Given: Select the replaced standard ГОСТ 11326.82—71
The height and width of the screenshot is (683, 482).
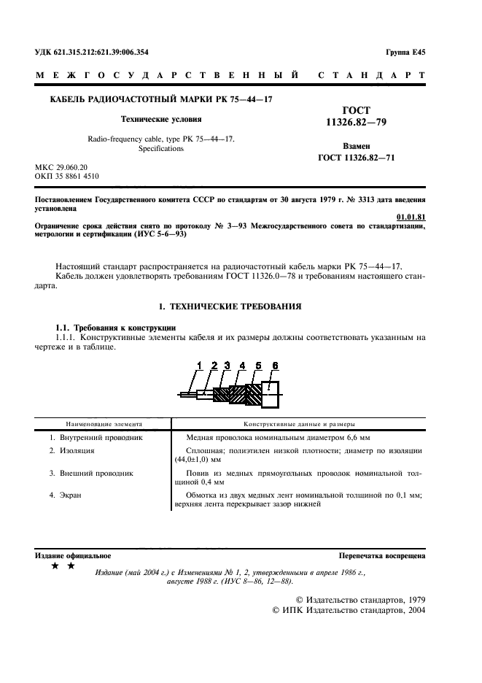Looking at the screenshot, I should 357,158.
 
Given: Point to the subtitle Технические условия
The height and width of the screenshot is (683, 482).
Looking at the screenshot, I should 161,118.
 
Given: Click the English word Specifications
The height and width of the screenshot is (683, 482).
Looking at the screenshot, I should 161,148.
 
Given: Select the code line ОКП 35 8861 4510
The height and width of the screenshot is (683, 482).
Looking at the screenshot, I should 68,177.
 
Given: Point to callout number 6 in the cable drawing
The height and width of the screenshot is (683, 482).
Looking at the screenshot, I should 275,365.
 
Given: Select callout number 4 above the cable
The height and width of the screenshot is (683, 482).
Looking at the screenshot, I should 242,365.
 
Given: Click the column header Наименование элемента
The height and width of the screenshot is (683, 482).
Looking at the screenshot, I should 104,422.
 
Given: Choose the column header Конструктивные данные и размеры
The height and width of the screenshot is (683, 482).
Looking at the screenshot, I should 299,422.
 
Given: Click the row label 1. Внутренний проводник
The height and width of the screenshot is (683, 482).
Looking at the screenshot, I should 96,438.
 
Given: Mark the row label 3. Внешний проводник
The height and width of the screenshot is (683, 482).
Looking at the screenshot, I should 91,473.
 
